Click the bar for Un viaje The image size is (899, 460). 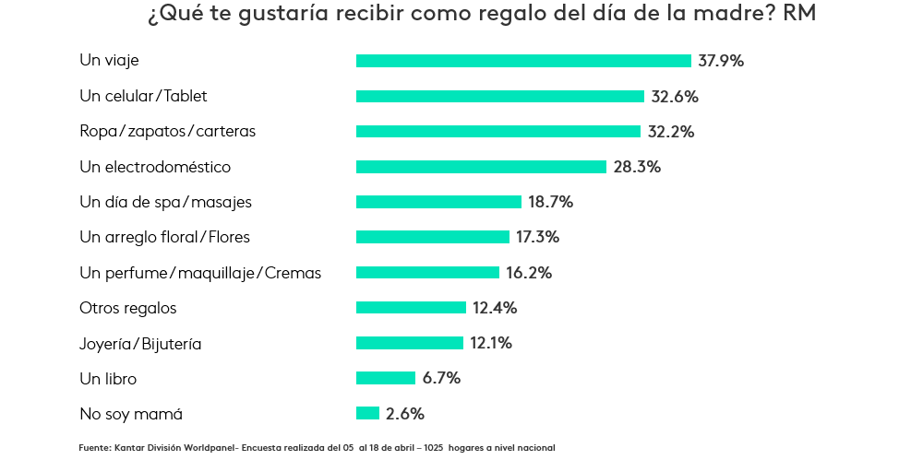tap(523, 61)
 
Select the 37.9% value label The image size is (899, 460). tap(721, 61)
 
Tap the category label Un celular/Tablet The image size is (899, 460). tap(144, 96)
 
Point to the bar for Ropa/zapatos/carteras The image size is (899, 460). tap(498, 132)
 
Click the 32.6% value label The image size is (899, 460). tap(674, 96)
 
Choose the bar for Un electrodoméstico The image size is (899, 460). tap(481, 167)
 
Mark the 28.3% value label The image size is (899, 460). tap(637, 167)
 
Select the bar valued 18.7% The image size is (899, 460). tap(439, 202)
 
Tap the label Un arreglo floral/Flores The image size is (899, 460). tap(165, 237)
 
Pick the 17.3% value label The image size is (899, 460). tap(537, 237)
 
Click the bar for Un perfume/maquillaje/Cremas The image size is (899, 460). tap(427, 273)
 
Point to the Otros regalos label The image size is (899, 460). tap(128, 308)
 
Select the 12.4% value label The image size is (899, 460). tap(494, 308)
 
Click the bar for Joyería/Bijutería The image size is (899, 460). tap(410, 343)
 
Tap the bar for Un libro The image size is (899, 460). tap(386, 378)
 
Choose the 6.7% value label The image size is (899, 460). tap(441, 378)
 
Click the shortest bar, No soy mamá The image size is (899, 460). tap(367, 413)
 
